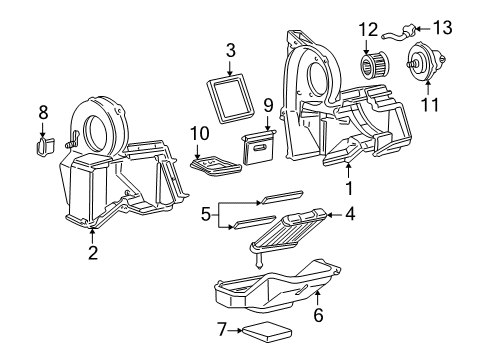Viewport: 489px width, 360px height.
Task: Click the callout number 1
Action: pos(349,186)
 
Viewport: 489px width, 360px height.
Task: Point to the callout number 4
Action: pos(350,213)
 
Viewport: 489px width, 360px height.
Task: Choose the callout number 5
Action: pos(205,212)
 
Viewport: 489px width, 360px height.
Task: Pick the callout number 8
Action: pos(42,111)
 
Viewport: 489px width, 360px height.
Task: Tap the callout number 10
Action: pos(199,133)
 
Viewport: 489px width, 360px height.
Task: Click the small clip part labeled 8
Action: pos(42,146)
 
